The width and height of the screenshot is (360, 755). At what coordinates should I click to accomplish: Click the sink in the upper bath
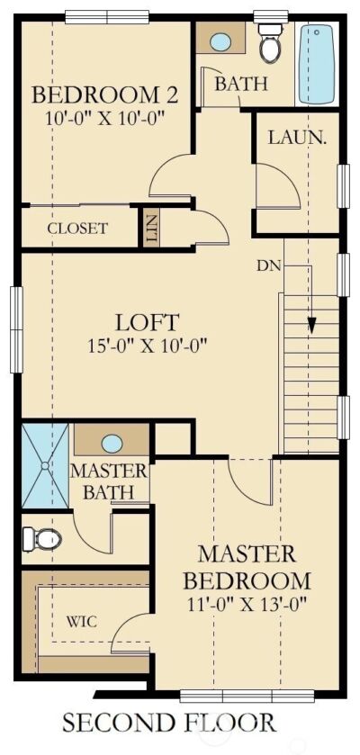[x=221, y=41]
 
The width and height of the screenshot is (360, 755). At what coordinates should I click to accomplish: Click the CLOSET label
[x=77, y=229]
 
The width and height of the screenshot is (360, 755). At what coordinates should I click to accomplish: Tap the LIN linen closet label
[x=151, y=229]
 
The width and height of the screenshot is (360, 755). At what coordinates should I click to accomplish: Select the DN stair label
[x=269, y=265]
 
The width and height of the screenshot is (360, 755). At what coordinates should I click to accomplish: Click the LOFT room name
[x=148, y=321]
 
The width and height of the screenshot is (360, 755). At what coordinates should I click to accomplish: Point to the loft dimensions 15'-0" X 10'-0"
[x=148, y=343]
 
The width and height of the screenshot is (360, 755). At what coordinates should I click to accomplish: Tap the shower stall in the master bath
[x=44, y=466]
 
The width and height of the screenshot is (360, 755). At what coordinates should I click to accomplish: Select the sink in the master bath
[x=112, y=443]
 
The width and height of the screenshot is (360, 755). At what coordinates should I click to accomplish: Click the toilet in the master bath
[x=41, y=539]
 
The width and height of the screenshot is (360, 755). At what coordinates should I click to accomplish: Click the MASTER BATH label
[x=109, y=481]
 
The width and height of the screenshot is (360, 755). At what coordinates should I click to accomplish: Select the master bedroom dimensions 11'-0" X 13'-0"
[x=255, y=604]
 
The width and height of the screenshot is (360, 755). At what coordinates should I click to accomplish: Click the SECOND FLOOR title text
[x=168, y=722]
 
